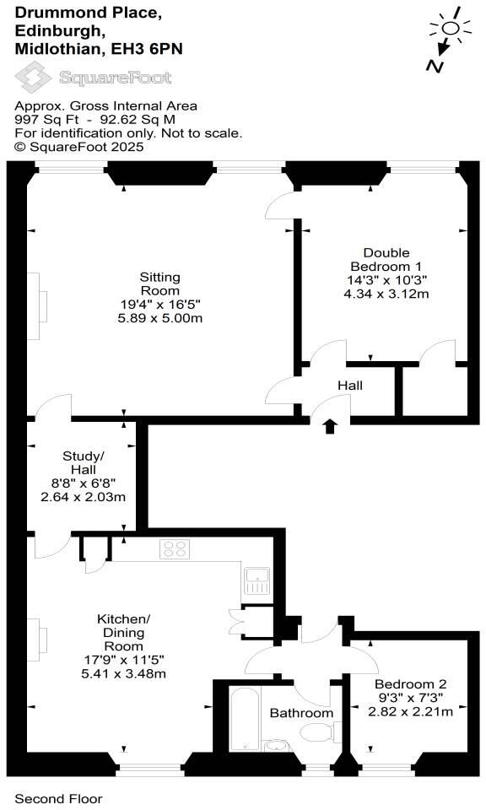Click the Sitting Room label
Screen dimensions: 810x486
click(159, 283)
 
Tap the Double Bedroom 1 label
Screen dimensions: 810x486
click(386, 260)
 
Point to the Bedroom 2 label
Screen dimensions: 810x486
click(411, 683)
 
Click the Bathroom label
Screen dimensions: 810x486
click(301, 713)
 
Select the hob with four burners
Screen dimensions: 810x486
click(175, 549)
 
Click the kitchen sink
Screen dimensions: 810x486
click(256, 580)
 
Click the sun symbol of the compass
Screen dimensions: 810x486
click(451, 29)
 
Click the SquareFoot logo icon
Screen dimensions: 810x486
click(35, 78)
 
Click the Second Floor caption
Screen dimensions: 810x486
click(59, 798)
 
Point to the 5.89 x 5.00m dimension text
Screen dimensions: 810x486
click(159, 318)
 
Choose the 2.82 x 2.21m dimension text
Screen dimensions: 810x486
click(411, 711)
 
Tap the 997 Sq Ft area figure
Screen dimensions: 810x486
click(40, 120)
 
